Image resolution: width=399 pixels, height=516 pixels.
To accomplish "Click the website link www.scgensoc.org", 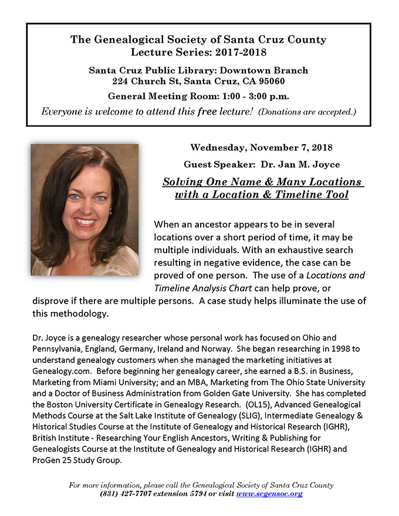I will [269, 494].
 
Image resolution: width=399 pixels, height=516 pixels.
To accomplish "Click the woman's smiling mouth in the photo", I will [86, 222].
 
